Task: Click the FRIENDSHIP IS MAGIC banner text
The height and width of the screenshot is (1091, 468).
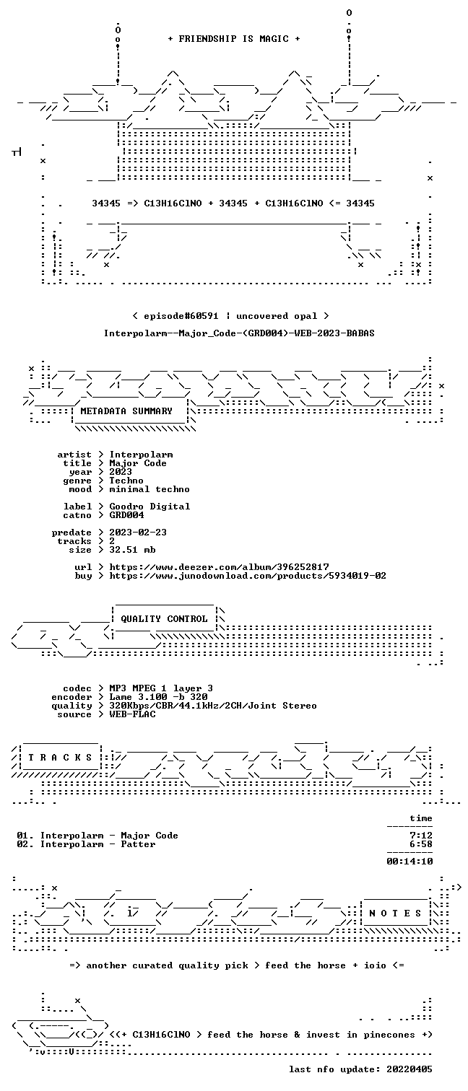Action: click(x=233, y=39)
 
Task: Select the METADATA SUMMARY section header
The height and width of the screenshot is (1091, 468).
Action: click(x=126, y=411)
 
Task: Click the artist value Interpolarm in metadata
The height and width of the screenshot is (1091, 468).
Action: click(x=141, y=455)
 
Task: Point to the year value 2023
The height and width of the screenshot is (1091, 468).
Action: click(x=121, y=471)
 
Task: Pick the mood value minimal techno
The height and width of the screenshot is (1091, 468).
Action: click(x=149, y=489)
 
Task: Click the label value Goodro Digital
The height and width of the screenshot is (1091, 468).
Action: click(x=149, y=507)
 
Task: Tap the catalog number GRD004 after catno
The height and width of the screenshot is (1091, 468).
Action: click(x=126, y=514)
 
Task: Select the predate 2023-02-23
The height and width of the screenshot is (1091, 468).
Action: click(x=138, y=533)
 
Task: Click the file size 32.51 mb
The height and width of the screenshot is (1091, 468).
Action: click(x=132, y=549)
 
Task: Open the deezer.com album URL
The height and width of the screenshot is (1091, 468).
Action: click(x=219, y=567)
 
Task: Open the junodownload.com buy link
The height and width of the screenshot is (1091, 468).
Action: click(x=248, y=576)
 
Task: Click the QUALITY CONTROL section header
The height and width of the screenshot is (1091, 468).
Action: click(x=164, y=619)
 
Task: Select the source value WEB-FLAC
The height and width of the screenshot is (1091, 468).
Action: click(x=132, y=714)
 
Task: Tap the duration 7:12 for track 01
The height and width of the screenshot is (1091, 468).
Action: click(x=421, y=836)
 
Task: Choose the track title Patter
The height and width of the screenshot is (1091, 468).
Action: click(x=138, y=844)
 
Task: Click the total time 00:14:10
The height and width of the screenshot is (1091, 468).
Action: click(x=409, y=861)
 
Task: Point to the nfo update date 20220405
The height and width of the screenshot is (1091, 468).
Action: click(x=409, y=1069)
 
